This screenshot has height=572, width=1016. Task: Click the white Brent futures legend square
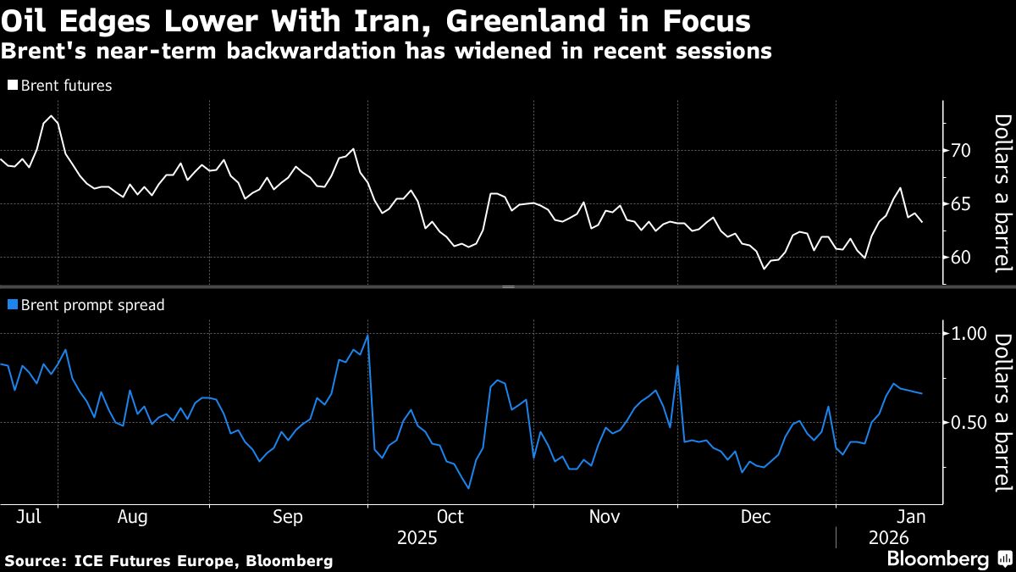click(x=12, y=86)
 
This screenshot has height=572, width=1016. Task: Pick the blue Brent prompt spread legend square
click(x=12, y=305)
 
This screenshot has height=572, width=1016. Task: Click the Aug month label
click(x=133, y=516)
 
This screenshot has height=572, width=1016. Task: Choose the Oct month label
click(x=450, y=516)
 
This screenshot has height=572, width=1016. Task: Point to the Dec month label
click(x=755, y=516)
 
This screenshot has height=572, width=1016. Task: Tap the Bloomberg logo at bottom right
click(x=937, y=558)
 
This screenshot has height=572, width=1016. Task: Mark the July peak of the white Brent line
click(x=52, y=115)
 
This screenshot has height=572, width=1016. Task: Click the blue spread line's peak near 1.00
click(x=367, y=335)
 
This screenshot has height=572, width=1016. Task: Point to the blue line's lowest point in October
click(x=468, y=488)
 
